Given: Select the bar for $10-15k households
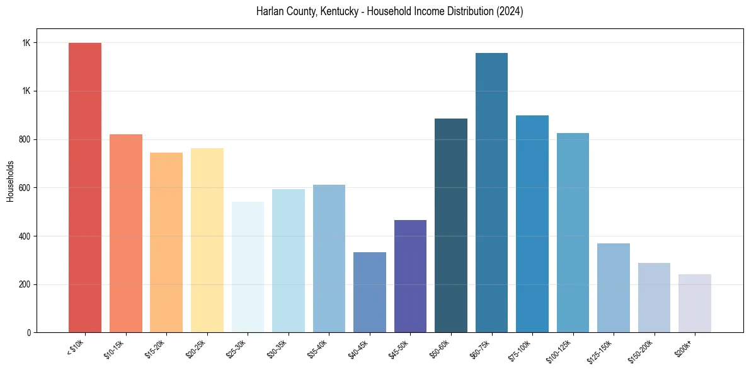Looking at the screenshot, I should click(125, 233).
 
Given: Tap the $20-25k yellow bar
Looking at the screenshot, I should click(207, 240).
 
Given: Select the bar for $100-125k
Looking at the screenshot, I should click(573, 233).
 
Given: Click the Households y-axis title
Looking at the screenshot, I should click(10, 181).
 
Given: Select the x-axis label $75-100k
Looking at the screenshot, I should click(520, 349).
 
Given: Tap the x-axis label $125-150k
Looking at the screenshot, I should click(601, 349).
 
